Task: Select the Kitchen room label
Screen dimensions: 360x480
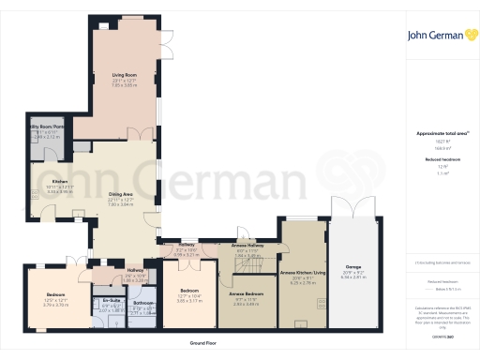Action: (x=59, y=182)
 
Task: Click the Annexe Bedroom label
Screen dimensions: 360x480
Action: (x=246, y=293)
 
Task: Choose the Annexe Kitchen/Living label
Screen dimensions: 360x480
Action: (x=302, y=273)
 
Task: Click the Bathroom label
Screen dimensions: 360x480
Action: (x=143, y=304)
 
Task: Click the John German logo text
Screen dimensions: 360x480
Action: (x=436, y=36)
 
